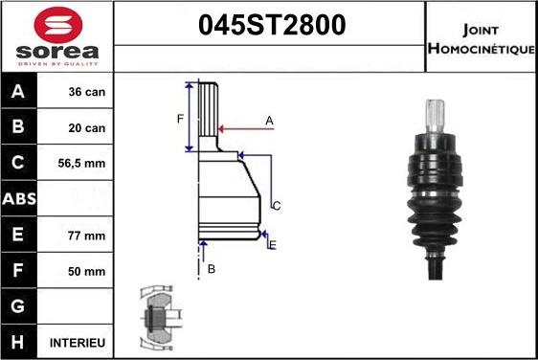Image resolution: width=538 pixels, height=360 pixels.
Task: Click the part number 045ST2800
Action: (x=269, y=26)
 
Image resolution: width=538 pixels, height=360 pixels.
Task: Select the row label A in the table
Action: (x=20, y=93)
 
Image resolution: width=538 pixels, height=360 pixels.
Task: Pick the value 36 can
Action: (x=86, y=93)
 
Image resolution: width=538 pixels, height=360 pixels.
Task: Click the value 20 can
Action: (x=86, y=128)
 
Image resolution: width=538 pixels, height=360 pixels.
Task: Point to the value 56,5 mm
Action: (x=86, y=164)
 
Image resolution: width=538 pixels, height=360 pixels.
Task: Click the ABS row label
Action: (x=20, y=199)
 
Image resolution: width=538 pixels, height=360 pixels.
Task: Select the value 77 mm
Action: (x=86, y=235)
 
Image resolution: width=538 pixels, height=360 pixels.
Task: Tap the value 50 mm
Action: (x=86, y=270)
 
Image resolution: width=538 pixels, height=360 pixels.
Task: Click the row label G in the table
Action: (x=20, y=306)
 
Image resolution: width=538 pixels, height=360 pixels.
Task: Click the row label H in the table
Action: (x=20, y=342)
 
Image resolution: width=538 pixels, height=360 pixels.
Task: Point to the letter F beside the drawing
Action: (x=179, y=119)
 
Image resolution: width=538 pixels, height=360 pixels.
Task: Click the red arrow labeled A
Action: (x=244, y=126)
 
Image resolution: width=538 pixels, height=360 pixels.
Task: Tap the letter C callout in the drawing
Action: (x=276, y=206)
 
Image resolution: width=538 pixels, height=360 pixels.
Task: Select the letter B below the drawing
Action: (x=212, y=269)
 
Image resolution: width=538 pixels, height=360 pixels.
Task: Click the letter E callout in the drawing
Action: (x=273, y=246)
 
